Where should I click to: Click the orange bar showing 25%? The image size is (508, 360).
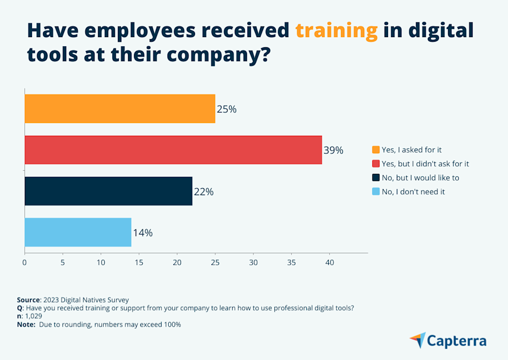tap(120, 109)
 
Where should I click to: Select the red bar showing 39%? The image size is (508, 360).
tap(173, 150)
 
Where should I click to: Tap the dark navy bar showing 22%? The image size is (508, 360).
tap(109, 191)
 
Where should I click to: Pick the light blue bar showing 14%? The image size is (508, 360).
tap(78, 232)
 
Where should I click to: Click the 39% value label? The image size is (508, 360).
tap(333, 151)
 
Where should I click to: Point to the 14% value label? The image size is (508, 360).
tap(143, 233)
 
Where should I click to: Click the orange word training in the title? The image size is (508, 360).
tap(336, 31)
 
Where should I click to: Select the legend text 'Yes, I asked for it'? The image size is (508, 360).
tap(412, 149)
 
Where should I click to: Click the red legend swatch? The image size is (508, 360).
tap(375, 164)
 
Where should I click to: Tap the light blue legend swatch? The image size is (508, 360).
tap(375, 192)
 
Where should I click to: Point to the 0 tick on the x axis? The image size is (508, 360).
tap(24, 263)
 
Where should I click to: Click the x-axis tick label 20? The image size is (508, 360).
tap(177, 263)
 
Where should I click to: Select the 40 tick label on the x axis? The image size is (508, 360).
tap(329, 263)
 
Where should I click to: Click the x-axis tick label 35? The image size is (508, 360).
tap(291, 263)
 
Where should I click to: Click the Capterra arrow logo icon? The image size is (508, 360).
tap(418, 340)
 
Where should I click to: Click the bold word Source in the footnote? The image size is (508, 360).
tap(28, 300)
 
